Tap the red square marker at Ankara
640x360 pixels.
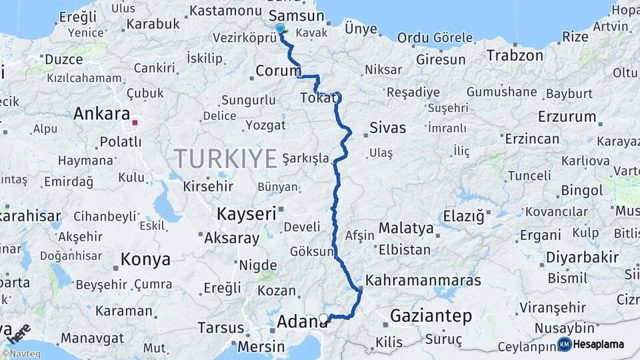point(135,123)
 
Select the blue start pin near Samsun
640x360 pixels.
point(280,29)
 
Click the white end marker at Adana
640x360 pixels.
point(324,318)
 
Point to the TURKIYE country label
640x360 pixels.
point(225,159)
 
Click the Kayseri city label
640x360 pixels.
point(246,214)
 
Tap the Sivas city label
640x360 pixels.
point(387,128)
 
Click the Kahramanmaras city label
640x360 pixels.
point(423,280)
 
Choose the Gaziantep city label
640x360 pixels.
point(431,315)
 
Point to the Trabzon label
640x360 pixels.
point(515,55)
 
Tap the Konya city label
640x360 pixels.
point(145,259)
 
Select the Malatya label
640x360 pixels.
point(406,229)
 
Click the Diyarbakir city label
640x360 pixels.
point(583,257)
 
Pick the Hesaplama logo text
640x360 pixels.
point(599,345)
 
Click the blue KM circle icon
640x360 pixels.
point(564,345)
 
